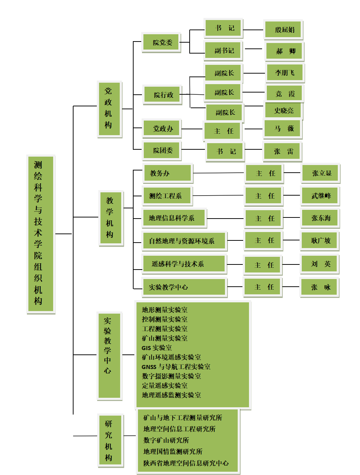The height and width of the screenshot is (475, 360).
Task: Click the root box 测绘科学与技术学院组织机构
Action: (41, 234)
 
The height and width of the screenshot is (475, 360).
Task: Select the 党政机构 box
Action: (110, 109)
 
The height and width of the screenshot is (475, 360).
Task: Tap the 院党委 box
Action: (161, 42)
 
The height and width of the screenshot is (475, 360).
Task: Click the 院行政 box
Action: (162, 95)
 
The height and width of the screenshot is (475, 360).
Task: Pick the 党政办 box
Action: (162, 128)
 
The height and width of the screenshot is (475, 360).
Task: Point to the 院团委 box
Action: (162, 150)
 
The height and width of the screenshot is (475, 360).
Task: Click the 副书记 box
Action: (223, 50)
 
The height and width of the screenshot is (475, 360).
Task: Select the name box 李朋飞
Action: (285, 73)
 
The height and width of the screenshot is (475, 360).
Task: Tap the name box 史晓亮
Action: (283, 110)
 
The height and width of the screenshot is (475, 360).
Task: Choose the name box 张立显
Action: (320, 173)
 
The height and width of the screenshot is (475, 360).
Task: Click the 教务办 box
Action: (168, 173)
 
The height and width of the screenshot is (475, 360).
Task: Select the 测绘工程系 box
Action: (167, 196)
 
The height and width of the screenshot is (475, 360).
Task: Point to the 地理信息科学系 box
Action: (174, 218)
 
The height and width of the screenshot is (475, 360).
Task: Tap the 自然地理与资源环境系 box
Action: (184, 241)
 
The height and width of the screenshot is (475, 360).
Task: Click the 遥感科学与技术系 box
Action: (184, 264)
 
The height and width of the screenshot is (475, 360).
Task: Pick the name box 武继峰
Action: (320, 196)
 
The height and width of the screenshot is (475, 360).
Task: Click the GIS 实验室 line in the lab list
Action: (157, 348)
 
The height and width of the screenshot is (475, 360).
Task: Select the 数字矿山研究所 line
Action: (166, 440)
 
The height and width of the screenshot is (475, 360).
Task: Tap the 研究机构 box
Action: (110, 440)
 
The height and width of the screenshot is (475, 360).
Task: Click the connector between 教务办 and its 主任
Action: (218, 173)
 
